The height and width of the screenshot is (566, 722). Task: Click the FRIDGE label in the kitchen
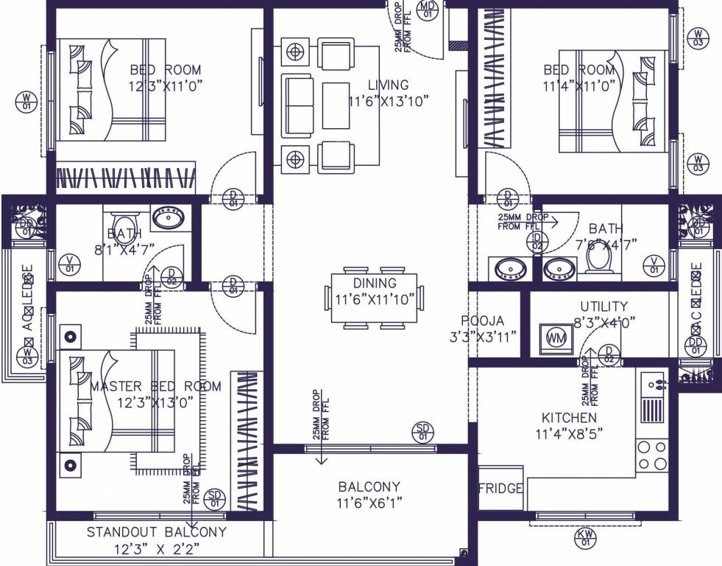point(500,489)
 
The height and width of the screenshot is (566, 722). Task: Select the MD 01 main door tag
point(428,9)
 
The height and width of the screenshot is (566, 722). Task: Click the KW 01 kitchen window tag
point(586,537)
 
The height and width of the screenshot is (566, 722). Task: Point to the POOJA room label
point(483,321)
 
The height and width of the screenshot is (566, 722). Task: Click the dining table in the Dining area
point(375,298)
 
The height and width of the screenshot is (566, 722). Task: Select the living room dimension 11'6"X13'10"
point(389,101)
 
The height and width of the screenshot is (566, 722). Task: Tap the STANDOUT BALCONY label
point(156,531)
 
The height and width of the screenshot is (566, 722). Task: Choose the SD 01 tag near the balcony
point(422,431)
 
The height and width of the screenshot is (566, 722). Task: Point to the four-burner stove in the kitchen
point(652,455)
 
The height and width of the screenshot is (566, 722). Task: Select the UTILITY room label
point(604,306)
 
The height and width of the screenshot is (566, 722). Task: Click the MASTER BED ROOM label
point(155,386)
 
